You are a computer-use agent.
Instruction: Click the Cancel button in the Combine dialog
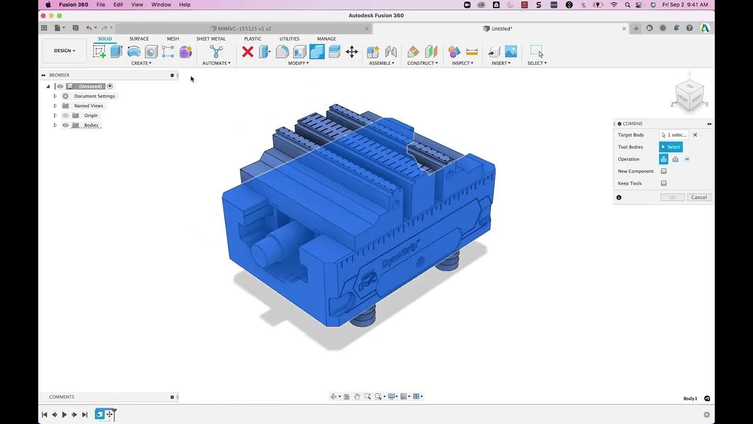tap(699, 197)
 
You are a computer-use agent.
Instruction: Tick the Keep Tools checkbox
tap(664, 183)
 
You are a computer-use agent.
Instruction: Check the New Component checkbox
tap(664, 171)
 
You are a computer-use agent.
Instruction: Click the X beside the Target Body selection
tap(695, 135)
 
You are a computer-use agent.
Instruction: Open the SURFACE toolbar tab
tap(139, 39)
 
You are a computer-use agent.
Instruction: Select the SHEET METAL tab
tap(211, 39)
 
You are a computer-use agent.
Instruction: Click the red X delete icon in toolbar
tap(248, 52)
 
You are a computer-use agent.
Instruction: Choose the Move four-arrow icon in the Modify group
tap(352, 52)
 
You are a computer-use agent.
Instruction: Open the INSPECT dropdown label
tap(462, 63)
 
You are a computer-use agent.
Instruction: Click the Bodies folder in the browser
tap(91, 125)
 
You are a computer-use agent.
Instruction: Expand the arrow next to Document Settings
tap(55, 96)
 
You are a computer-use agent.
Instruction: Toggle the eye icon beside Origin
tap(65, 115)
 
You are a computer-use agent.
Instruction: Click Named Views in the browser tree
tap(88, 106)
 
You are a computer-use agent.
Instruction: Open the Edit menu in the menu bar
tap(118, 5)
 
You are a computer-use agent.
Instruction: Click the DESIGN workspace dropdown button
tap(65, 51)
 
